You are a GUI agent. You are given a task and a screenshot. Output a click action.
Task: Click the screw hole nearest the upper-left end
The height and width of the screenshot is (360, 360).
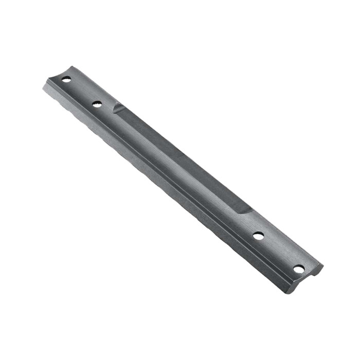click(x=66, y=79)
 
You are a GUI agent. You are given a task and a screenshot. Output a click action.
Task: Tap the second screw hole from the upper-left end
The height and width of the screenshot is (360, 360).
click(x=97, y=104)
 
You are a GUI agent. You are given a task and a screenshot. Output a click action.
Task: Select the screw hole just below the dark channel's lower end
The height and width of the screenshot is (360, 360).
click(x=258, y=236)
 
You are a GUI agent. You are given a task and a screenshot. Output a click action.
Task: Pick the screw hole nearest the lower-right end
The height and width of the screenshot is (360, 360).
click(x=299, y=268)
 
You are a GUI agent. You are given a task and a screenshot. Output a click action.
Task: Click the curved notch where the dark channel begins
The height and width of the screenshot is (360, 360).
click(x=117, y=108)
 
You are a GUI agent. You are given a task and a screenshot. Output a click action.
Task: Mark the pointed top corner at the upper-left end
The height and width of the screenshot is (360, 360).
click(x=73, y=67)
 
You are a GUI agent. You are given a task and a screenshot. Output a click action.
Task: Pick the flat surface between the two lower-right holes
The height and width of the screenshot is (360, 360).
click(x=278, y=253)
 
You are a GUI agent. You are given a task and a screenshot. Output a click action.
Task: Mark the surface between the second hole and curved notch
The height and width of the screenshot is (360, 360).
click(x=107, y=107)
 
